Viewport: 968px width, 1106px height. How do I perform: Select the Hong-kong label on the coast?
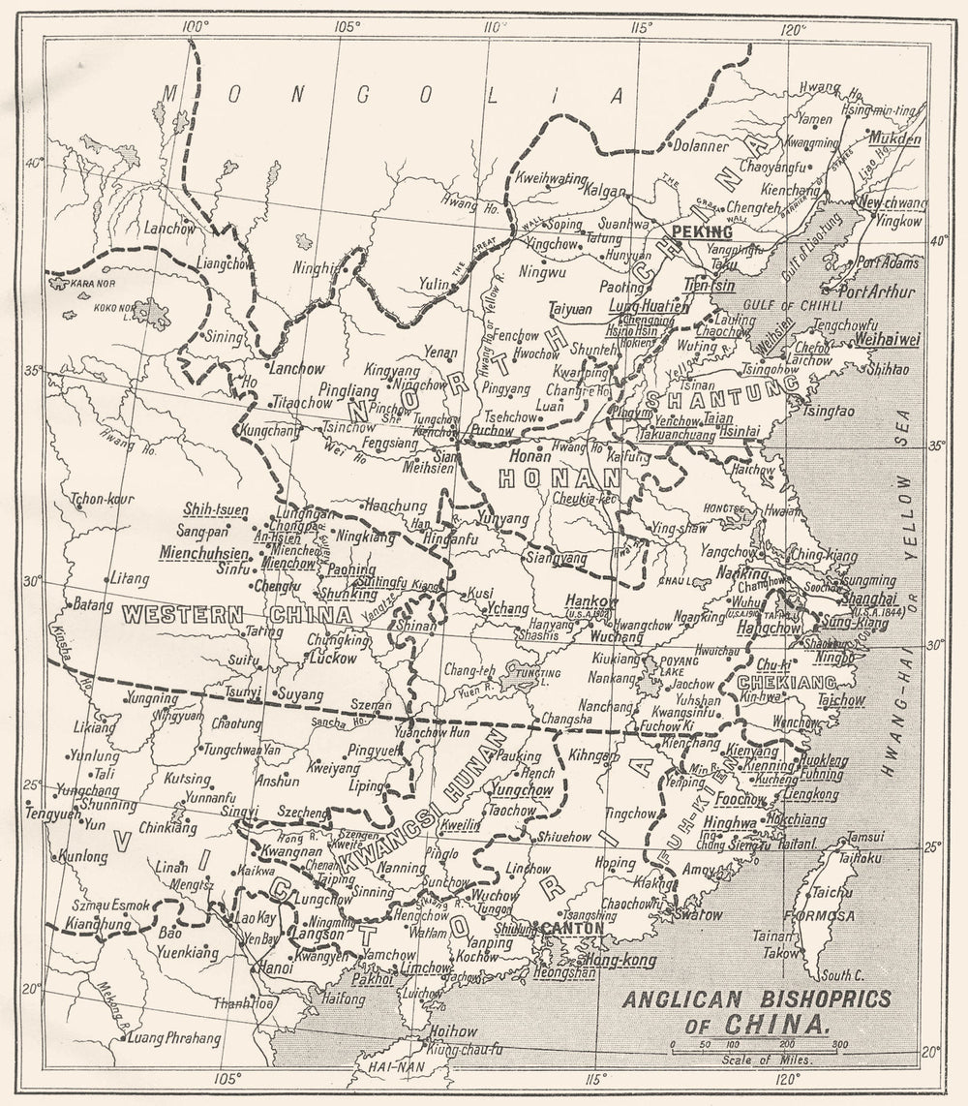point(621,961)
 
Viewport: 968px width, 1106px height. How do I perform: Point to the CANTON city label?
point(573,928)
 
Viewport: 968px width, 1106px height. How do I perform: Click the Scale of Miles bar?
point(760,1046)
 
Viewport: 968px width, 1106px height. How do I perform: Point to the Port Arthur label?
point(872,290)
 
